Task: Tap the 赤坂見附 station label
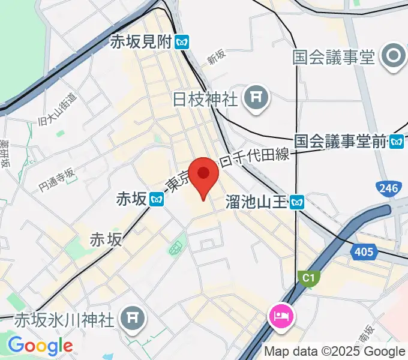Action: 140,42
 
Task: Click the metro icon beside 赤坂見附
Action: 182,43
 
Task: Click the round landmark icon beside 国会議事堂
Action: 394,58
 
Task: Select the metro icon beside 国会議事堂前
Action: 397,142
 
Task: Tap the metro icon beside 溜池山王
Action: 296,203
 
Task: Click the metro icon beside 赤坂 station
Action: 157,199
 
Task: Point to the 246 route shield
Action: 388,189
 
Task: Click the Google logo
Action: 40,346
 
